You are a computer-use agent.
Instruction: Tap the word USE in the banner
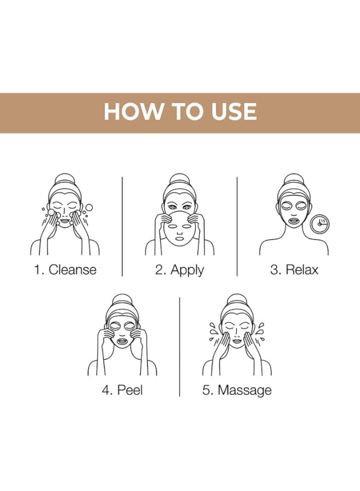232,112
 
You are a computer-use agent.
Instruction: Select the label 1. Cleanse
65,270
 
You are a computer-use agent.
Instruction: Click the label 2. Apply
179,270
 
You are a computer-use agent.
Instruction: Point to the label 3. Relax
294,270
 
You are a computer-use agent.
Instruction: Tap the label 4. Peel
122,390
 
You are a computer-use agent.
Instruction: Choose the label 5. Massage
237,390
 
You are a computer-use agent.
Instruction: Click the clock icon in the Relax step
319,223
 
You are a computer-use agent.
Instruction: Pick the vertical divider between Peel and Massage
179,346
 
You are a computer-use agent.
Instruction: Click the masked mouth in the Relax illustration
294,222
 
